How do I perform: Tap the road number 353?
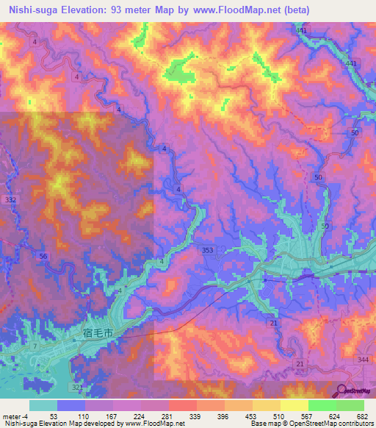tap(208, 251)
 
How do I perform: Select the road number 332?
tap(10, 199)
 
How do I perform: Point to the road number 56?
tap(43, 255)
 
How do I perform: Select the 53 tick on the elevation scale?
tap(54, 415)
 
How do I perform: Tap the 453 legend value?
tap(250, 415)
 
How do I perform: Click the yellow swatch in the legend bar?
tap(294, 405)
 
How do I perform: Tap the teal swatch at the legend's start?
tap(43, 405)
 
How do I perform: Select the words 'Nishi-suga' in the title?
tap(34, 10)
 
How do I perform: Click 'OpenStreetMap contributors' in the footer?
tap(331, 424)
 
